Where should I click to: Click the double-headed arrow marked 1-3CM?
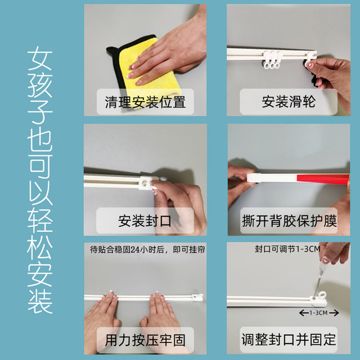click(317, 313)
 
